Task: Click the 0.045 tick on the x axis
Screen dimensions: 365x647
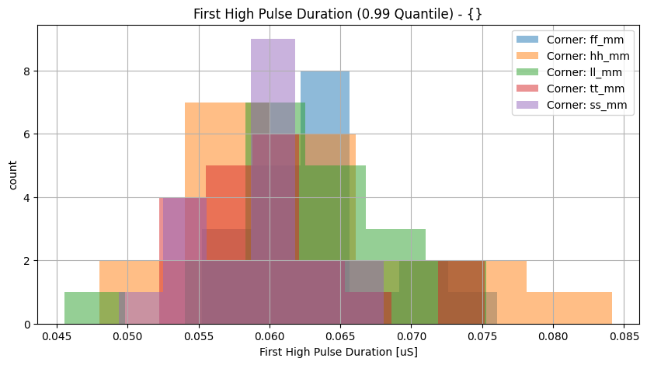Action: click(x=57, y=339)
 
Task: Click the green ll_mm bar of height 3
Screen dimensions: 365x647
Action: click(x=395, y=245)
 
